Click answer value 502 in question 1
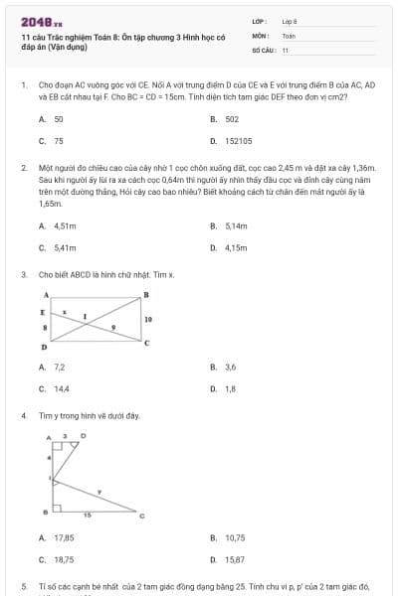pos(232,118)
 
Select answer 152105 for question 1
pos(238,141)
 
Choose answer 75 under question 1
pos(59,141)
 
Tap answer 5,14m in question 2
pos(236,225)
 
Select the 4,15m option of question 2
pos(236,247)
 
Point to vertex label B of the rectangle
pos(146,295)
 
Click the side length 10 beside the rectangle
pos(148,320)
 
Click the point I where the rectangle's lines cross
pos(86,318)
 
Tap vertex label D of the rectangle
pos(44,349)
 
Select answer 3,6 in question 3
pos(231,367)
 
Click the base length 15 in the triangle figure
pos(87,515)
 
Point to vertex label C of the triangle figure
pos(141,515)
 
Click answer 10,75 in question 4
pos(235,537)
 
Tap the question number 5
pos(23,587)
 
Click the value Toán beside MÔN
pos(289,35)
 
